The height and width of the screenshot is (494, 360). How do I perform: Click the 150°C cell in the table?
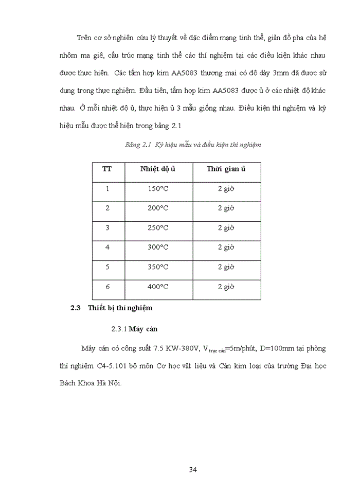click(x=158, y=189)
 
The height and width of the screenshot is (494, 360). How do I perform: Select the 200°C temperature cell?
click(x=158, y=208)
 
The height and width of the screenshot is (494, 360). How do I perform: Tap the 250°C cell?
click(x=158, y=228)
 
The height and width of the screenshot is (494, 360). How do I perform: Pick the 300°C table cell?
click(x=158, y=248)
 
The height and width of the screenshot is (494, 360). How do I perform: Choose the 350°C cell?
click(x=158, y=267)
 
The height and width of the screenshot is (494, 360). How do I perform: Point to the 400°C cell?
click(x=158, y=287)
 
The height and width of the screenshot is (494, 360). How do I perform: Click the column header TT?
click(x=107, y=169)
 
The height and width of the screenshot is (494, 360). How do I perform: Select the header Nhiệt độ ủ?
click(x=158, y=169)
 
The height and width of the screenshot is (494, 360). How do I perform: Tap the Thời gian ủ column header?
click(x=226, y=169)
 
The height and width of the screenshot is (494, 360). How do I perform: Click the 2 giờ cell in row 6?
click(x=226, y=287)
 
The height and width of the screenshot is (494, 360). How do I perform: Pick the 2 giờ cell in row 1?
click(x=226, y=189)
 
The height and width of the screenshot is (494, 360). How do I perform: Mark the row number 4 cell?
click(x=107, y=248)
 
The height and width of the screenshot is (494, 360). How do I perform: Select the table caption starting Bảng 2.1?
click(x=193, y=145)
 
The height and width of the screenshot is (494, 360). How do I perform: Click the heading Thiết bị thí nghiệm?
click(x=120, y=308)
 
